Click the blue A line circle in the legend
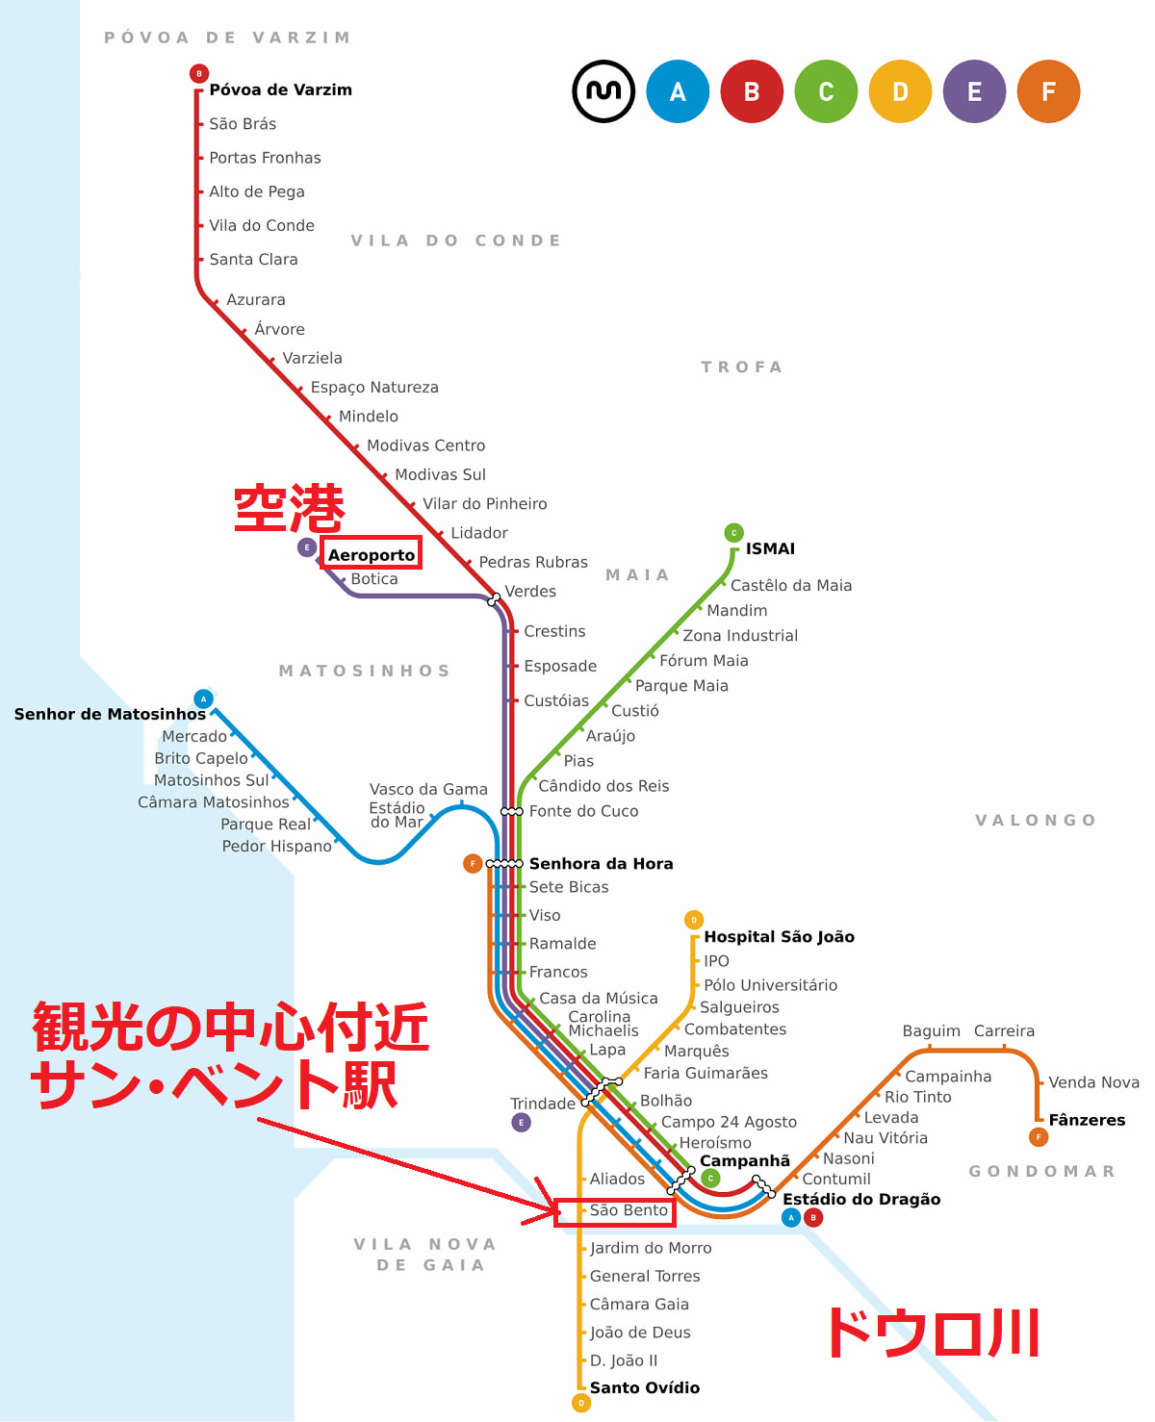(x=678, y=91)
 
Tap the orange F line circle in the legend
(x=1048, y=91)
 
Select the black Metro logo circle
(x=603, y=91)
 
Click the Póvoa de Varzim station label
(x=280, y=89)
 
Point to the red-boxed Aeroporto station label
(x=371, y=554)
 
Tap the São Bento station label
(x=629, y=1210)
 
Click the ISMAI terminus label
(x=770, y=548)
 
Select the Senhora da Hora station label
(x=601, y=864)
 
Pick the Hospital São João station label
(x=779, y=937)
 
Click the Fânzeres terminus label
(x=1087, y=1120)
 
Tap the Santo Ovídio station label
(x=644, y=1387)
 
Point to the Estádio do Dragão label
(x=861, y=1199)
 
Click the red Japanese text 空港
(x=289, y=508)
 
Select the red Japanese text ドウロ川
(x=933, y=1333)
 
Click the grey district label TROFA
(x=741, y=367)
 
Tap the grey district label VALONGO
(x=1036, y=820)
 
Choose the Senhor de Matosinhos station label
(x=110, y=714)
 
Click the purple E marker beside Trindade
(x=521, y=1123)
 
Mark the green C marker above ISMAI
(x=733, y=532)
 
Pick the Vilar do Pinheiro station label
(x=484, y=504)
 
